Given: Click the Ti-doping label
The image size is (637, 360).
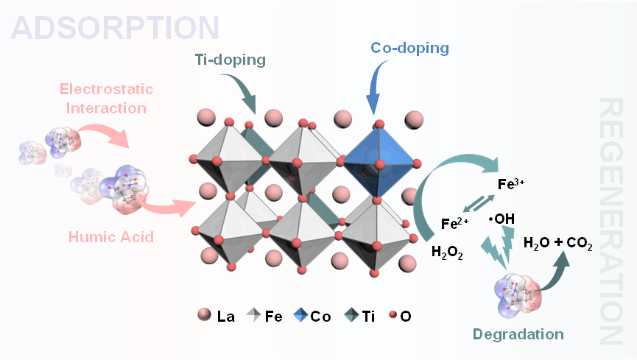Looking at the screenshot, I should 230,60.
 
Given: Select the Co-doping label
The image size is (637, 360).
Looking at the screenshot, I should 409,49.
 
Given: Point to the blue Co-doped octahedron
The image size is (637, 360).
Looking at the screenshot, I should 379,160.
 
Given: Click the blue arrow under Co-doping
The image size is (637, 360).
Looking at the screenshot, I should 376,88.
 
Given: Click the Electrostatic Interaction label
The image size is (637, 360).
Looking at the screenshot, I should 107,99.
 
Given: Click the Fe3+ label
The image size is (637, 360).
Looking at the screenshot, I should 511,184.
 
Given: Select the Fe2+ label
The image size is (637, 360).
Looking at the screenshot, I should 455,223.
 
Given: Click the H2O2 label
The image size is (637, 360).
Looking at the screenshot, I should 448,251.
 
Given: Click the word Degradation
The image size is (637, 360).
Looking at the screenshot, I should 518,334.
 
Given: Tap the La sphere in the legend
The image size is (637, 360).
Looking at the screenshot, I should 203,317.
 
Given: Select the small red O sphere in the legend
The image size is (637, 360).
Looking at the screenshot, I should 393,317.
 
